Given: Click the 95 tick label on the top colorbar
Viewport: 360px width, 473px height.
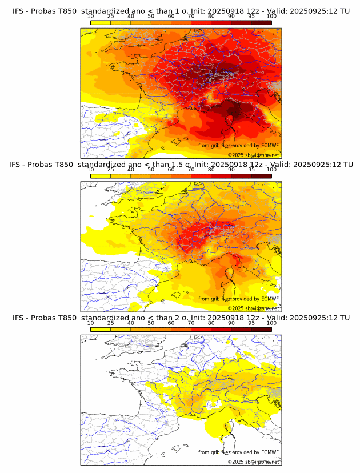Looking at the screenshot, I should pyautogui.click(x=251, y=17).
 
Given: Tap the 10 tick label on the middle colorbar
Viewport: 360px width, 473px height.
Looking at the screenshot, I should pyautogui.click(x=91, y=170).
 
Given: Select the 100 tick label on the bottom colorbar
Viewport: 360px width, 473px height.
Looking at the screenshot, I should pyautogui.click(x=271, y=323).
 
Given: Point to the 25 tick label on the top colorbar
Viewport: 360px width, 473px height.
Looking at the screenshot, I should pyautogui.click(x=111, y=17).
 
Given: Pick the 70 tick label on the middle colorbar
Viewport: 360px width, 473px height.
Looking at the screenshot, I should pyautogui.click(x=191, y=170).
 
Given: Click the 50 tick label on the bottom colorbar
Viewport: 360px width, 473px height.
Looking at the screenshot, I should pyautogui.click(x=151, y=323).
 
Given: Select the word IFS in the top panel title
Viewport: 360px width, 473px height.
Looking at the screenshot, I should pyautogui.click(x=19, y=10).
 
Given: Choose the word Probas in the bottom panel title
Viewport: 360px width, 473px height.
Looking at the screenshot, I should pyautogui.click(x=43, y=318).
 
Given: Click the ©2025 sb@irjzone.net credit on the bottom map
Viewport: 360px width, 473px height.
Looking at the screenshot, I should pyautogui.click(x=253, y=462).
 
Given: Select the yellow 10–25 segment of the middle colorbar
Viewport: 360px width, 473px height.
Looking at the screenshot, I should pyautogui.click(x=101, y=175).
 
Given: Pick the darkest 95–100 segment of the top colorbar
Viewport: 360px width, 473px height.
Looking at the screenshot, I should pyautogui.click(x=261, y=22).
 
